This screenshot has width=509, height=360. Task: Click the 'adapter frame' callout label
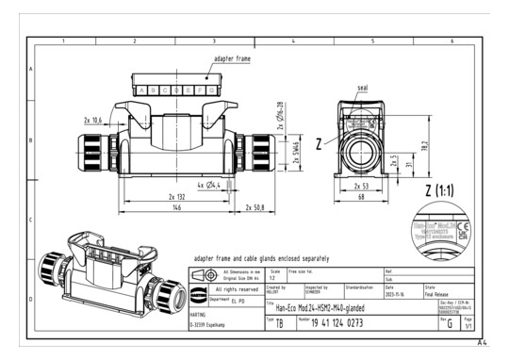click(231, 58)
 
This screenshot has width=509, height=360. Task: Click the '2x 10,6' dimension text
click(92, 121)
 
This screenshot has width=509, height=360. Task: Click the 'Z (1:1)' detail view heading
click(438, 191)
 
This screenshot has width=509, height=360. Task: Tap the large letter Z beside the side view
click(320, 144)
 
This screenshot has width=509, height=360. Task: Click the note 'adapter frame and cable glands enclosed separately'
click(269, 256)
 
